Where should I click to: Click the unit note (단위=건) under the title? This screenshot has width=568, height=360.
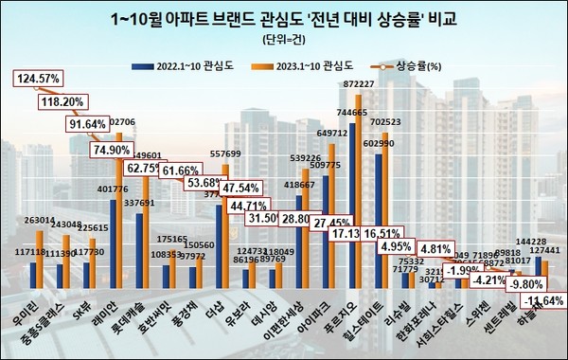click(285, 41)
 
